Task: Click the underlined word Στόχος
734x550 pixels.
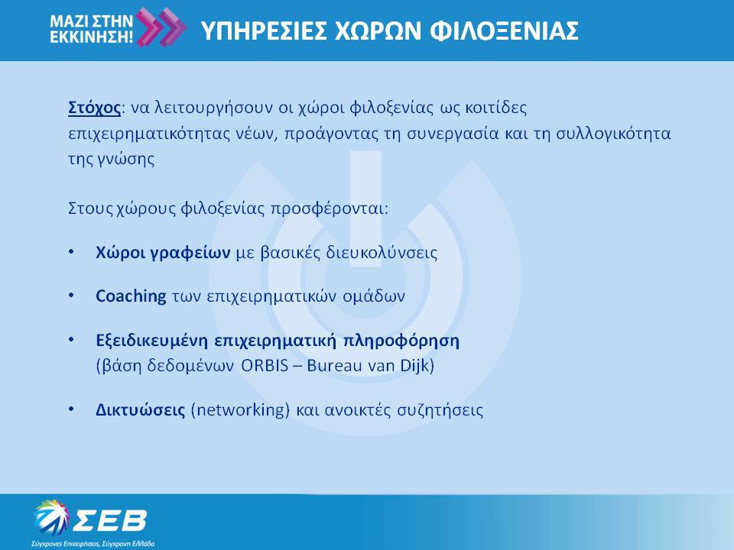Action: point(95,108)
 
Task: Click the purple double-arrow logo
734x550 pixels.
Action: point(161,27)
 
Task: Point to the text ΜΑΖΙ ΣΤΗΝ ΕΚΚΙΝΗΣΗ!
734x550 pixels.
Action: point(92,28)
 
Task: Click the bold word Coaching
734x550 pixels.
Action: point(131,296)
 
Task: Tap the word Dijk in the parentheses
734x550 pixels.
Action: point(414,365)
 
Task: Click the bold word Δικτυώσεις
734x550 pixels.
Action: point(141,410)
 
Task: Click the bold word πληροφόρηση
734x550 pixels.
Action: point(401,341)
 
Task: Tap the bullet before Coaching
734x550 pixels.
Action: point(71,296)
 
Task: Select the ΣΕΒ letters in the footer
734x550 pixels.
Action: point(110,520)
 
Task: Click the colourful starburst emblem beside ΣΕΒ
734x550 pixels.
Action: point(51,517)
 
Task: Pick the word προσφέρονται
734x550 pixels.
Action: point(330,208)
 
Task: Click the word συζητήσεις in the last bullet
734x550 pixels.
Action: point(440,410)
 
